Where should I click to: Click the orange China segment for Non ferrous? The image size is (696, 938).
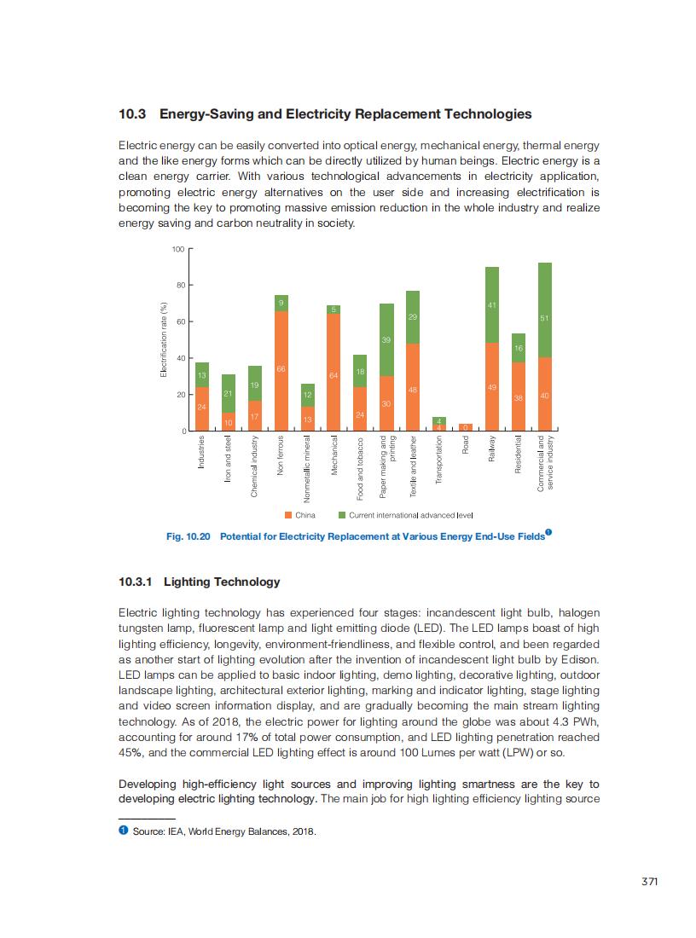tap(281, 371)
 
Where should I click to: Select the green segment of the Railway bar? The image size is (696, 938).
tap(492, 304)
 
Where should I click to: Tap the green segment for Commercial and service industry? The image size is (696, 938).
tap(545, 310)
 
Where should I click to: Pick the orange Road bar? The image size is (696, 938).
tap(466, 427)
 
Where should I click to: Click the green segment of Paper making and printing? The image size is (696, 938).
tap(386, 339)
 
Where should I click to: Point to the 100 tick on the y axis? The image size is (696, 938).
tap(178, 249)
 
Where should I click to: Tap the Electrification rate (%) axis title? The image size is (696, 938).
tap(164, 339)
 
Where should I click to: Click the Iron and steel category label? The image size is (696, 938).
tap(228, 460)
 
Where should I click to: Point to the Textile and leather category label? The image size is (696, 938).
tap(413, 466)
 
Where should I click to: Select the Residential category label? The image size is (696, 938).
tap(519, 461)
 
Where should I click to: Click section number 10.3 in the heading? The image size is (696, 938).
tap(133, 113)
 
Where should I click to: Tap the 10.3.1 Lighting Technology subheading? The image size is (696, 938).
tap(200, 582)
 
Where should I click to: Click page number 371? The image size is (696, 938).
tap(649, 882)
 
